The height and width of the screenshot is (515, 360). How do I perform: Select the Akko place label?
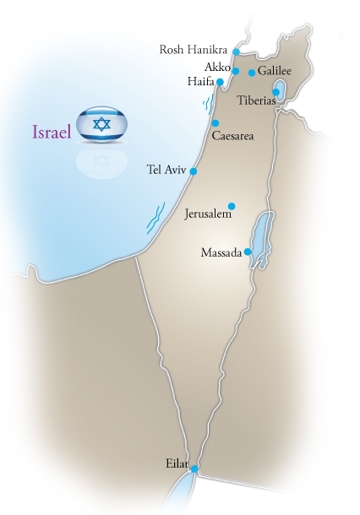(x=216, y=66)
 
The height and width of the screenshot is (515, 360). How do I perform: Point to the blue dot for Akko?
(x=236, y=71)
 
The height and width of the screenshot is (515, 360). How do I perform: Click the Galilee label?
(x=275, y=73)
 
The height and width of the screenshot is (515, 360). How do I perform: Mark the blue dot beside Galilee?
(x=252, y=73)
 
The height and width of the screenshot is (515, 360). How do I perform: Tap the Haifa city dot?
(x=220, y=82)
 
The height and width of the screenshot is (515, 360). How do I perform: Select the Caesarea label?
(x=232, y=135)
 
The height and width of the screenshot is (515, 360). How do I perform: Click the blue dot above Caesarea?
(x=215, y=122)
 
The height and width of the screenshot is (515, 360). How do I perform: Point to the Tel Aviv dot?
(x=194, y=171)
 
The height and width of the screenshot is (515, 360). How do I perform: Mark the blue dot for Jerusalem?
(x=232, y=205)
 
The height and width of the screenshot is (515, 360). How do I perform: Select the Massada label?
(x=221, y=252)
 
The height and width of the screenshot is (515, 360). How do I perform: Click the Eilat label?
(x=178, y=463)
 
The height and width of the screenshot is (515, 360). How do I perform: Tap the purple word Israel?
(x=51, y=133)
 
